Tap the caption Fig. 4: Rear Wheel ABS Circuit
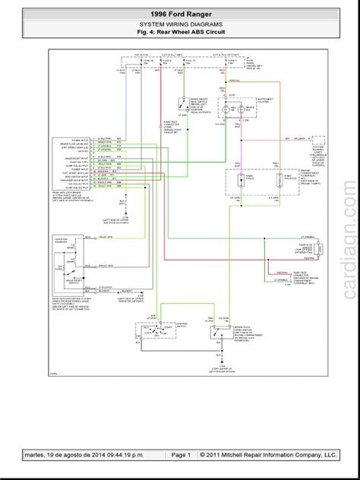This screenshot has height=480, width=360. click(x=180, y=33)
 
